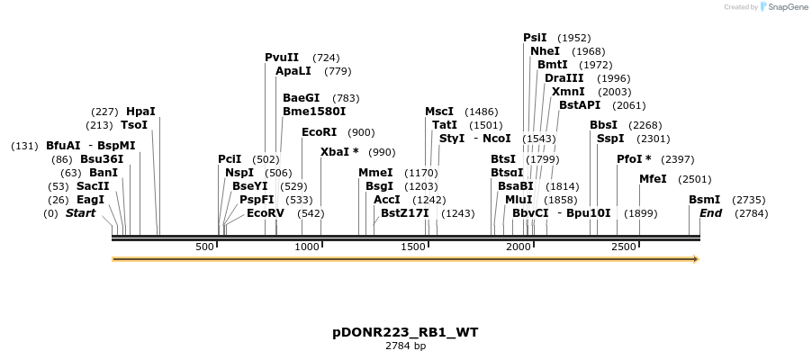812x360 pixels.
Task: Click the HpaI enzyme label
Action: [x=140, y=112]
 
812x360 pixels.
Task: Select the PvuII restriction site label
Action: [x=282, y=58]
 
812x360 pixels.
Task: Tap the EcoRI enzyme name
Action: [x=320, y=132]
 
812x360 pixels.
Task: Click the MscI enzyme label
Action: [x=439, y=112]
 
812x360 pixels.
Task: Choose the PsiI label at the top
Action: [x=535, y=38]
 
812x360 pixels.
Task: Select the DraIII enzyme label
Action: [x=564, y=78]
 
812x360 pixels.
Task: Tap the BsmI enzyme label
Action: [x=704, y=200]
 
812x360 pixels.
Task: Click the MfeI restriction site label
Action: [x=653, y=179]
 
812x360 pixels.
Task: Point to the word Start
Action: [x=81, y=213]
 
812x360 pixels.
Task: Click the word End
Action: [x=710, y=213]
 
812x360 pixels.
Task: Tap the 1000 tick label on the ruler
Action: [x=308, y=247]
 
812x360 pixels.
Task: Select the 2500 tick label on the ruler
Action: [x=624, y=247]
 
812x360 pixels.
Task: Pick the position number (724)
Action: [x=326, y=58]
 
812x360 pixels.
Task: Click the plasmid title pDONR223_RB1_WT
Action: [x=405, y=332]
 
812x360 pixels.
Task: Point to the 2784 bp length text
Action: [x=405, y=346]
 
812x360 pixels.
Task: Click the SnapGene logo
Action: [x=783, y=7]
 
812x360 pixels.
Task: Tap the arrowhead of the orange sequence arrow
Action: [x=694, y=259]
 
